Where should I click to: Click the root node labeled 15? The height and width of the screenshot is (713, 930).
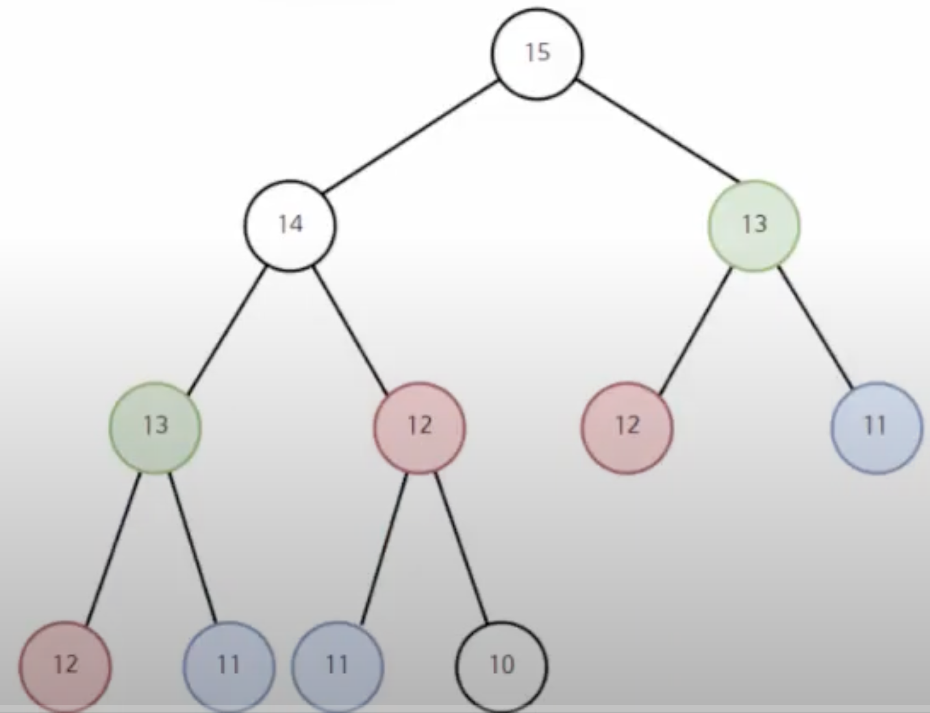point(537,54)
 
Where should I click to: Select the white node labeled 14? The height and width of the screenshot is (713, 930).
point(290,225)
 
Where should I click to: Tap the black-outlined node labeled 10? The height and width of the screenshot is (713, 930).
point(501,666)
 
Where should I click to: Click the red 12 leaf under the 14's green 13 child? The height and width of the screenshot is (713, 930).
point(65,666)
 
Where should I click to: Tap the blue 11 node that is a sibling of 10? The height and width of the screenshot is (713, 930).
point(337,666)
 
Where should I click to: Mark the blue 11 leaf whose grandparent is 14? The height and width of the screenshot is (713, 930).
point(229,666)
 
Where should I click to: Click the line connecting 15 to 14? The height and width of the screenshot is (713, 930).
point(410,138)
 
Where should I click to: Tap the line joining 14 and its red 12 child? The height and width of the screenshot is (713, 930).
point(352,331)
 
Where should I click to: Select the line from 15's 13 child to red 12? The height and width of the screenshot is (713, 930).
point(695,330)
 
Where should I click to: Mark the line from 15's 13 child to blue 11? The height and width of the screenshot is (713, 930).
point(816,328)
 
